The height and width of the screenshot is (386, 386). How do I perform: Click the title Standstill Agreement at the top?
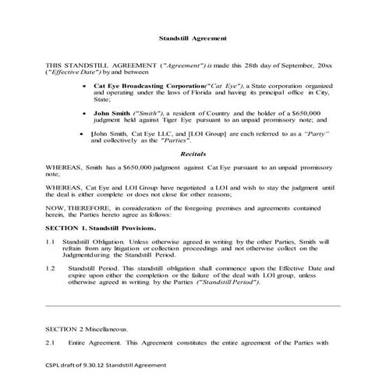193,37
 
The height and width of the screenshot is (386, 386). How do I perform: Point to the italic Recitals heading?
193,155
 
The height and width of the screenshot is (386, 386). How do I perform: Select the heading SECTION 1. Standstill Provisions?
101,227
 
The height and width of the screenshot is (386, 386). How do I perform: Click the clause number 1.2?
49,267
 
